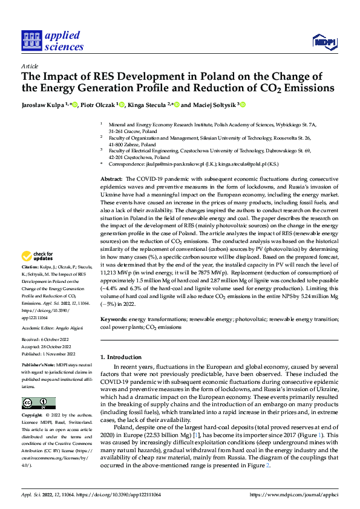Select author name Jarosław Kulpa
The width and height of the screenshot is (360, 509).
tap(44, 105)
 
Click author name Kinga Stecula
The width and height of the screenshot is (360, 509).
tap(147, 105)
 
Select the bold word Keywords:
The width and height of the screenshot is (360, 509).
tap(114, 318)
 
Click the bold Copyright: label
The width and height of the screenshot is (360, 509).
tap(32, 416)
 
